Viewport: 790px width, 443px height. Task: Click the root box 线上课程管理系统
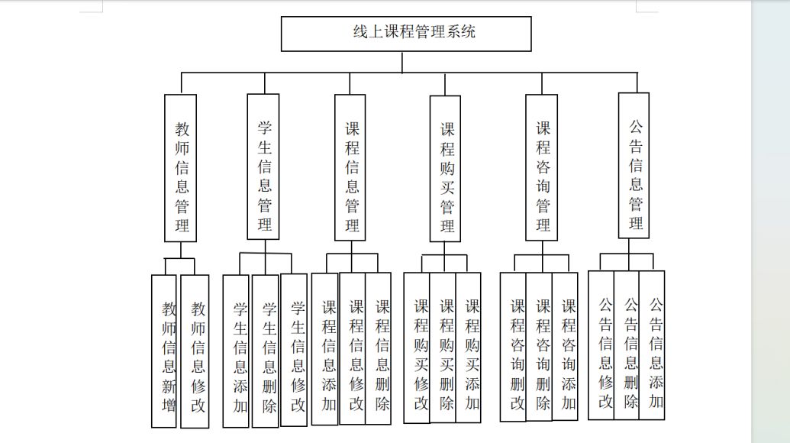(406, 34)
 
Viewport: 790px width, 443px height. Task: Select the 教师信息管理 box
(180, 168)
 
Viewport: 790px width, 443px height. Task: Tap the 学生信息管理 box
(263, 167)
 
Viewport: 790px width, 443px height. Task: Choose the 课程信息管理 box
(350, 167)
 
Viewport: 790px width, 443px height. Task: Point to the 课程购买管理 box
(445, 169)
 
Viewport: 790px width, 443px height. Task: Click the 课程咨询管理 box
(542, 167)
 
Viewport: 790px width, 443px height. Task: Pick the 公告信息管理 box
(634, 165)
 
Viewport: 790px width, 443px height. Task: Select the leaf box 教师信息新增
(164, 351)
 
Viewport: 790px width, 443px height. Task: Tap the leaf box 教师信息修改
(195, 351)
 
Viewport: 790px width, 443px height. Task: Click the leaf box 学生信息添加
(236, 351)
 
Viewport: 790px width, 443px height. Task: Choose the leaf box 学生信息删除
(265, 351)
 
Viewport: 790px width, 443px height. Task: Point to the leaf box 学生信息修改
(294, 351)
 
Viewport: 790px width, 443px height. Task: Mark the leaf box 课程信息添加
(325, 349)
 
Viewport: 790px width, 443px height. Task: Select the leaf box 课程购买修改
(417, 348)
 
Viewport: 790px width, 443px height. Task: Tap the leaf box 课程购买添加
(469, 348)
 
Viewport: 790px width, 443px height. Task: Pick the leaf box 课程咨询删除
(539, 348)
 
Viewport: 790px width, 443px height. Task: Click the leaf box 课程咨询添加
(566, 347)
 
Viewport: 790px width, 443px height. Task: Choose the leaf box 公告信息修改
(601, 345)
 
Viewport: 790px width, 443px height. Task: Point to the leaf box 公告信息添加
(652, 345)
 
